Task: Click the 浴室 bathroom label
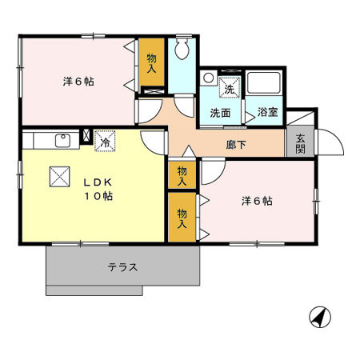[x=268, y=113]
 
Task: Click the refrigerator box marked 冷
[x=104, y=141]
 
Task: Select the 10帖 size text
[x=98, y=196]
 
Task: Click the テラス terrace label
[x=122, y=267]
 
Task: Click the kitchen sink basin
[x=62, y=142]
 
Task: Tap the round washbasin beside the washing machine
[x=208, y=79]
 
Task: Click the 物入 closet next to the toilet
[x=152, y=64]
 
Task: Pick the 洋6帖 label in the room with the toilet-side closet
[x=78, y=81]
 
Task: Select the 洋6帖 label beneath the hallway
[x=257, y=201]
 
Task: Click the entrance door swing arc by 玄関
[x=330, y=142]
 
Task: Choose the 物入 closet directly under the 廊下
[x=182, y=174]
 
